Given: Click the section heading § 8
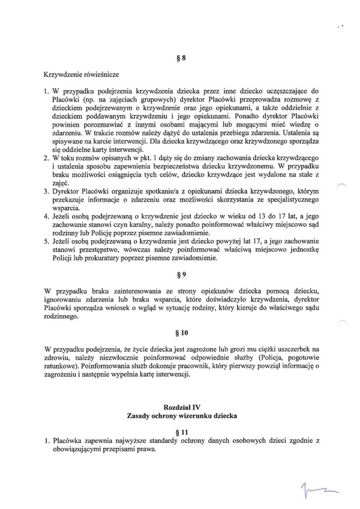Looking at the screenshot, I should pyautogui.click(x=180, y=58).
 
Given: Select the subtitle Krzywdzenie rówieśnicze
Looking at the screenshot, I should pyautogui.click(x=78, y=75).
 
